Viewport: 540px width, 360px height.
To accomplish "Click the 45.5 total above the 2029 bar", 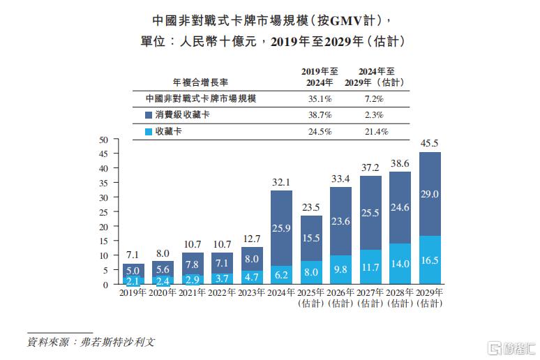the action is pos(429,143).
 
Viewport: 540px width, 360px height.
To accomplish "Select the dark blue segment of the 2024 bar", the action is pos(281,228).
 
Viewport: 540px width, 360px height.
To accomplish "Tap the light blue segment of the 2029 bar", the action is pos(430,260).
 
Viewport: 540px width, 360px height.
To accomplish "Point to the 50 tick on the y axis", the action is pos(103,140).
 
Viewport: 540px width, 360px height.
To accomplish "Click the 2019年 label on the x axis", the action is pos(133,292).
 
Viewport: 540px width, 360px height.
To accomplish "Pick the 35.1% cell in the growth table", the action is pos(320,99).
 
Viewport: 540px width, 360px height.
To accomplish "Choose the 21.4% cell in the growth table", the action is pos(377,132).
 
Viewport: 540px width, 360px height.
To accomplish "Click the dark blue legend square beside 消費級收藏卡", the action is pos(149,115).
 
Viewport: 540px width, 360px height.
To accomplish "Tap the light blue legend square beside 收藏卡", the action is pos(149,132).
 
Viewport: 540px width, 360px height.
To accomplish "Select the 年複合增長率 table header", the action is pos(200,82).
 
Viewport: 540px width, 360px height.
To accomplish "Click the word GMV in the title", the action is pos(346,21).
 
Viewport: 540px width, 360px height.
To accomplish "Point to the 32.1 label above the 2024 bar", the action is pos(281,182).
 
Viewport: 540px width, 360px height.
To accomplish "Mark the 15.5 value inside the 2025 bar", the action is pos(311,238).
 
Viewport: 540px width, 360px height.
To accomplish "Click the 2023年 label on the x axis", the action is pos(251,292).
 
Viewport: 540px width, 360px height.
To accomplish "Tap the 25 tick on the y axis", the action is pos(103,213).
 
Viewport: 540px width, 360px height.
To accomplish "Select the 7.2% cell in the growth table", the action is pos(374,99).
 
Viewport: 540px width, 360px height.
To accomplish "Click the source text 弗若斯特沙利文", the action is pos(118,342).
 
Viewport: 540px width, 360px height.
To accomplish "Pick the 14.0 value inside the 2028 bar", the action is pos(400,264).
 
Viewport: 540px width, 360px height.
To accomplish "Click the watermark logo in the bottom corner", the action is pos(511,348).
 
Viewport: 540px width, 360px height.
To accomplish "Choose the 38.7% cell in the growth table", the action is pos(320,115).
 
